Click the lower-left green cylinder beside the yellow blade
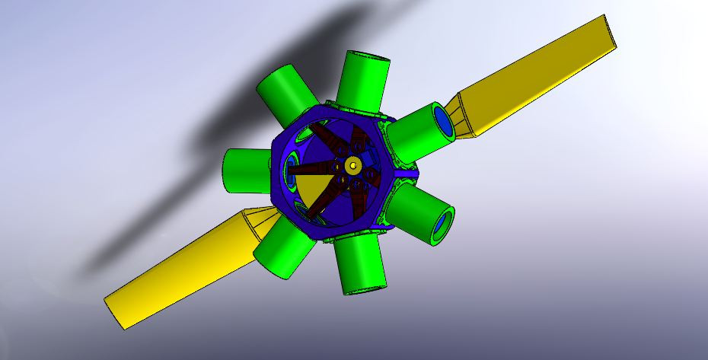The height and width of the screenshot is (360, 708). (x=281, y=247)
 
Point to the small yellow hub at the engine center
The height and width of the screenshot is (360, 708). (x=352, y=164)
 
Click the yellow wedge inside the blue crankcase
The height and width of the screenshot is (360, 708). (x=311, y=190)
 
